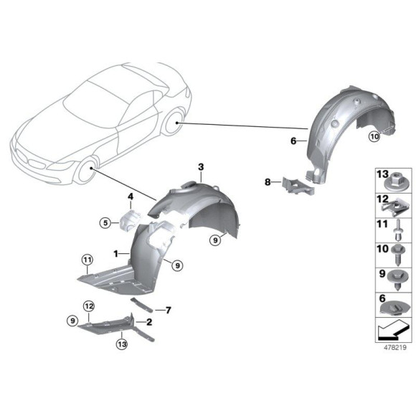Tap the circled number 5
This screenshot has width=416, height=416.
click(x=105, y=222)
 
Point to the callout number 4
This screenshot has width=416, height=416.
click(x=131, y=197)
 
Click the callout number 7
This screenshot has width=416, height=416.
click(x=168, y=310)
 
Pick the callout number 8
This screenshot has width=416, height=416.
click(x=268, y=183)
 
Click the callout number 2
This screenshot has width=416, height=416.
click(x=149, y=323)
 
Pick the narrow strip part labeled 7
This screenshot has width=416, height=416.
click(x=146, y=303)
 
